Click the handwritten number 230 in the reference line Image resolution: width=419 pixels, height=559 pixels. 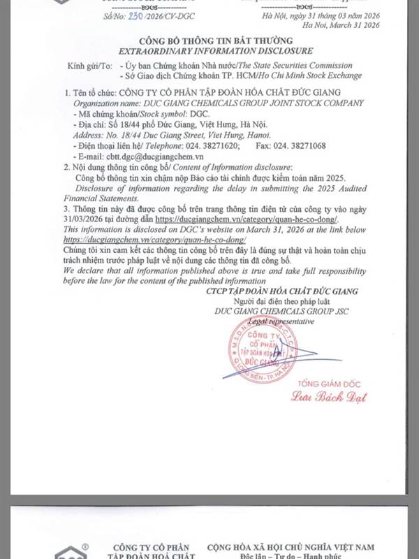(117, 13)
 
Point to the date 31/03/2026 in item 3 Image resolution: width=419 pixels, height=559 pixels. (84, 219)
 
